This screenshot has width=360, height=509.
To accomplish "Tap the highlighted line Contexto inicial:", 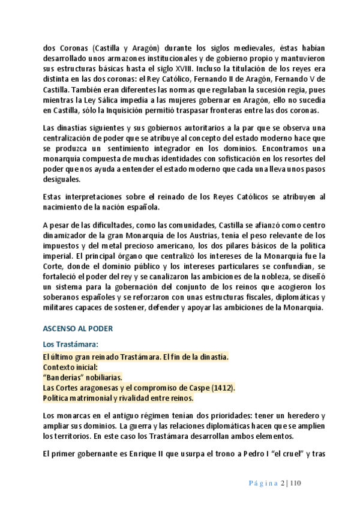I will [x=70, y=367].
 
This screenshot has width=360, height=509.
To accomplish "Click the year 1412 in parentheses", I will [x=223, y=388].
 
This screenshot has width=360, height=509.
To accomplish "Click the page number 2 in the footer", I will [x=283, y=483].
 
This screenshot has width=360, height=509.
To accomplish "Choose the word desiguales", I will [x=61, y=179].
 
